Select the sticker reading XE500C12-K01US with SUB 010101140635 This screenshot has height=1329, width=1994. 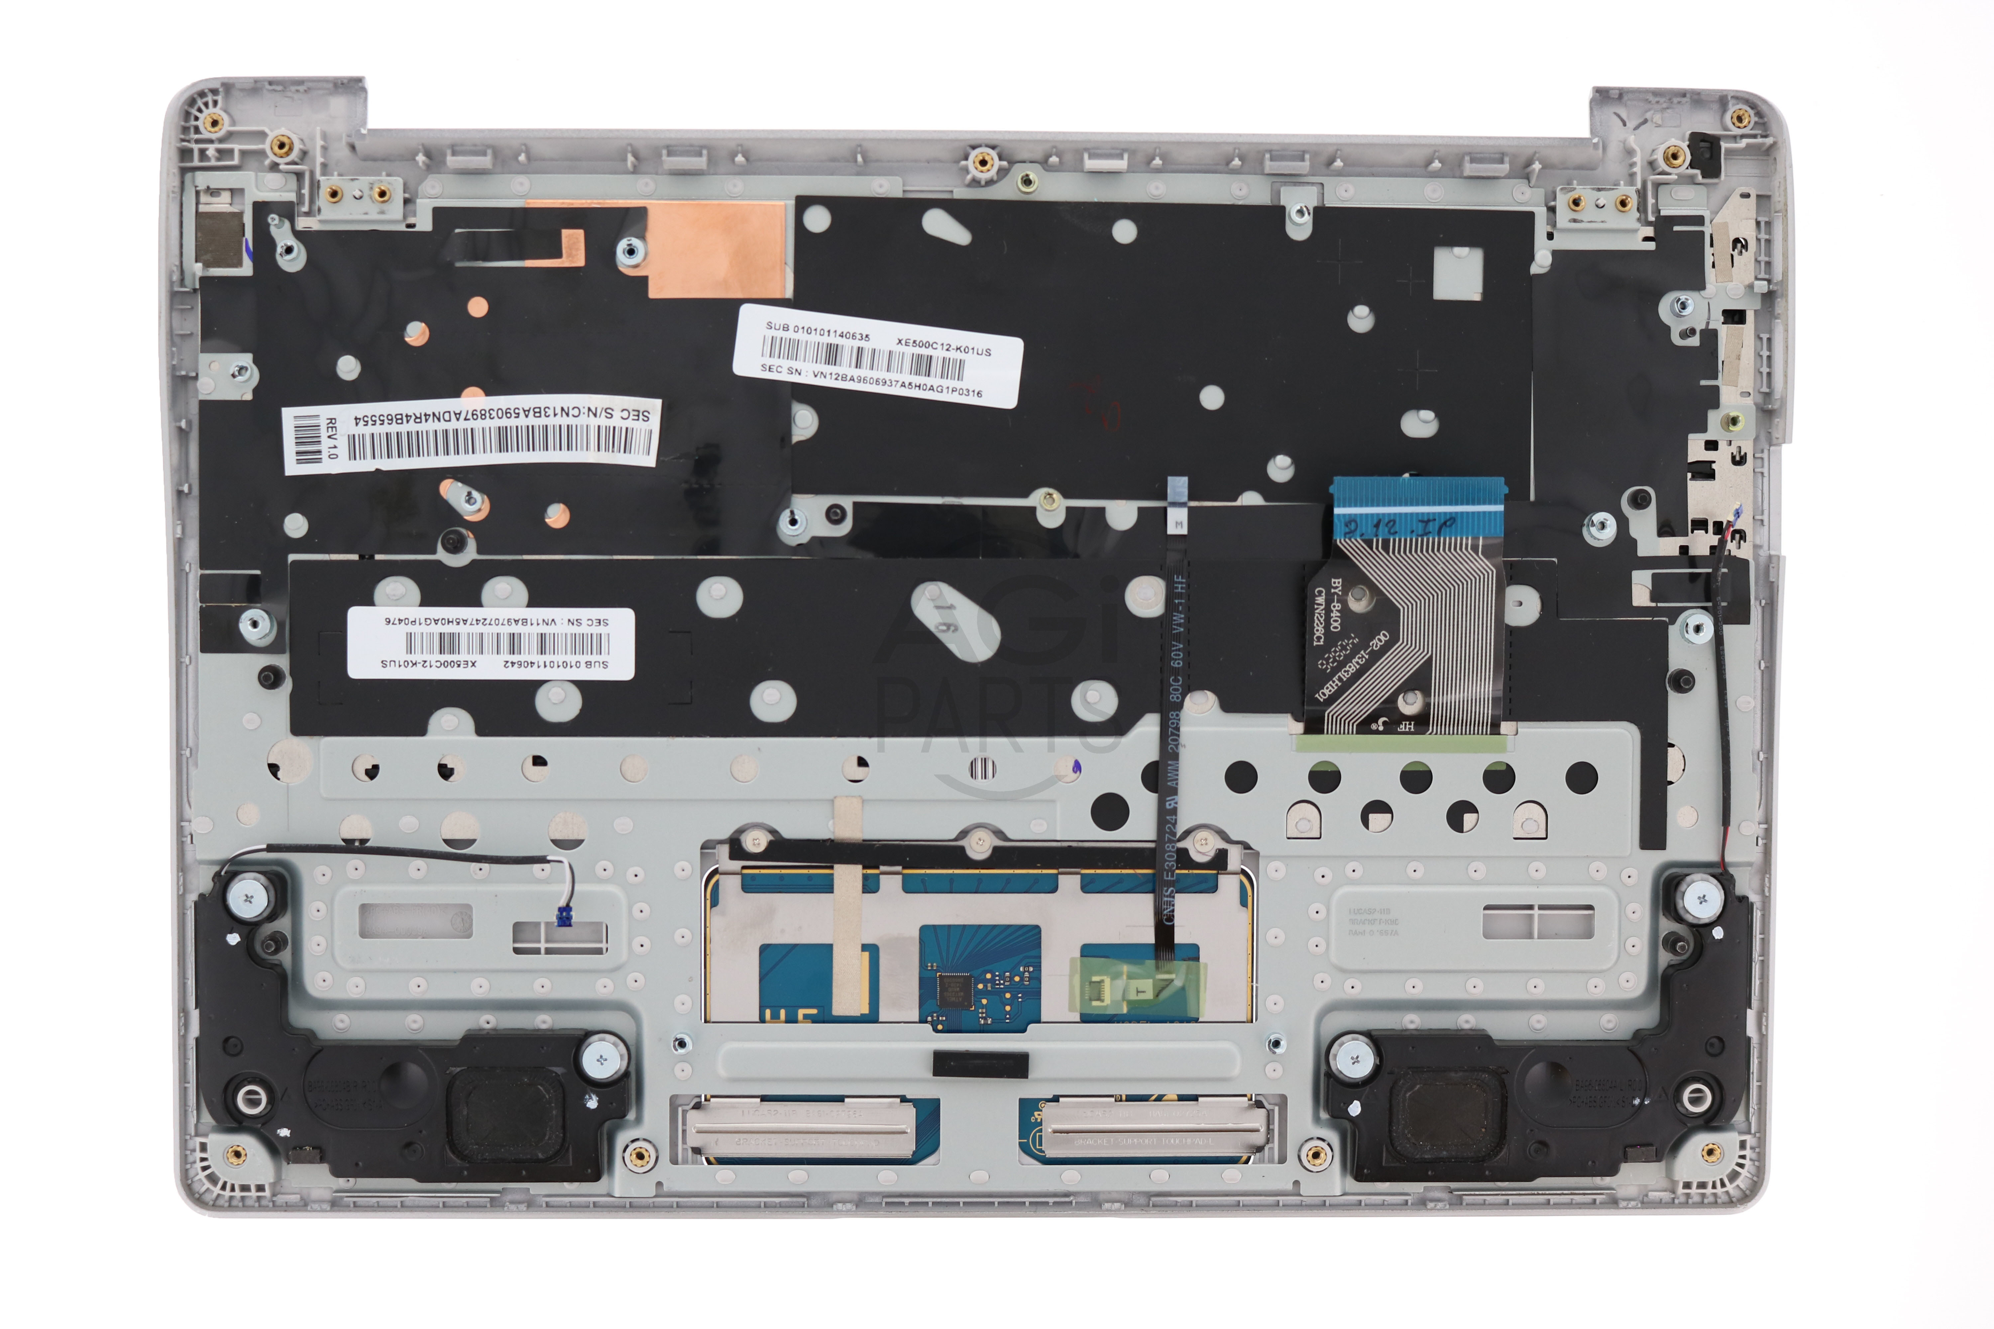coord(877,356)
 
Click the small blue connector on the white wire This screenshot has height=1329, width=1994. coord(561,915)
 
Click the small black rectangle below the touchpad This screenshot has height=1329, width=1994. coord(980,1065)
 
